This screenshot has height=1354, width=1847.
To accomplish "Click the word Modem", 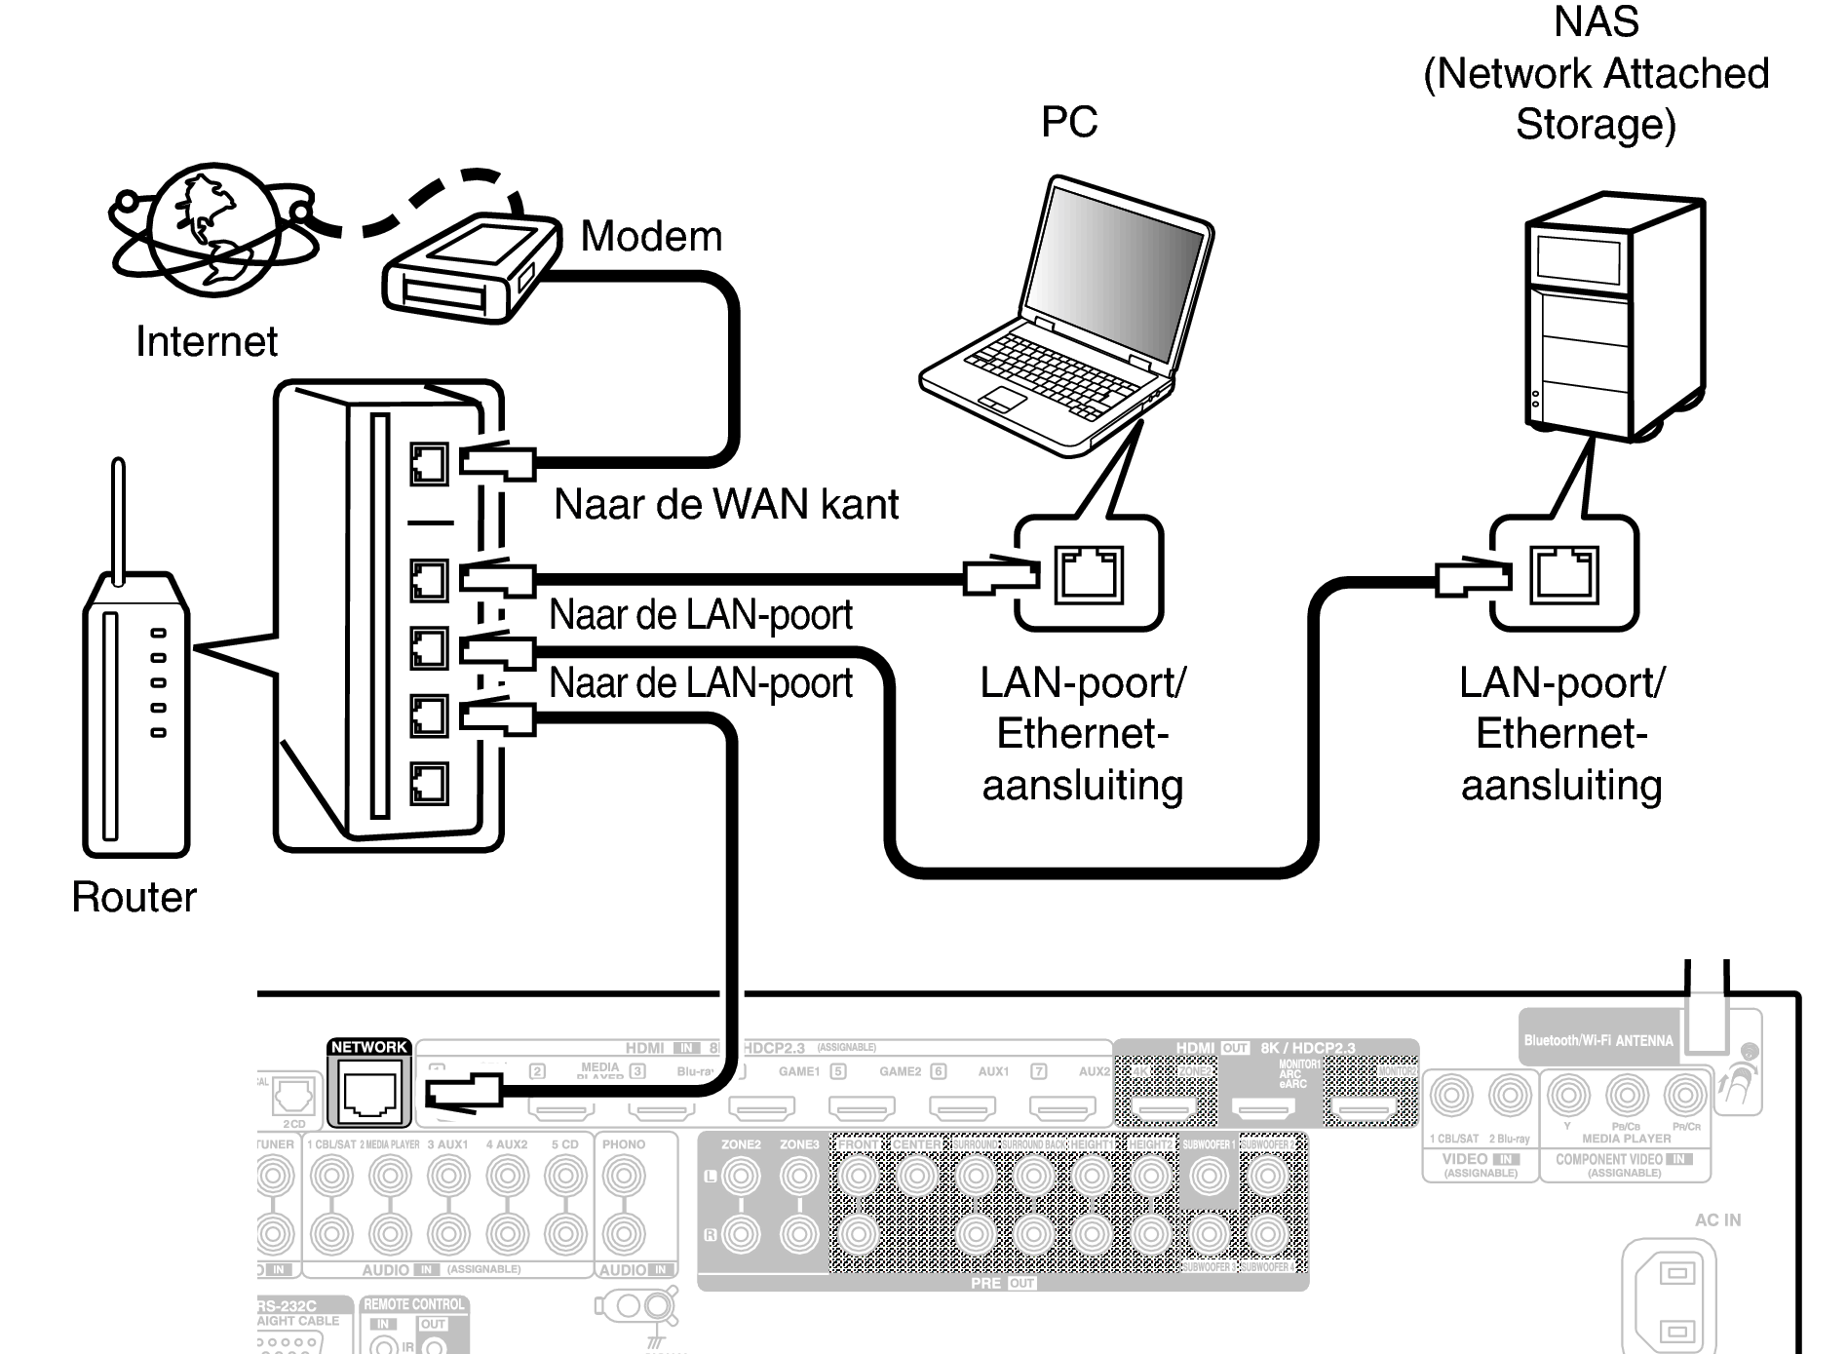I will point(651,237).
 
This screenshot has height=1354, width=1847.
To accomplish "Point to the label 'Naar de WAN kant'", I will point(725,505).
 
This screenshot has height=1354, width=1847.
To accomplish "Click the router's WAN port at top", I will point(429,464).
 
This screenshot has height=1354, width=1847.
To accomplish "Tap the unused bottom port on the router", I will point(429,783).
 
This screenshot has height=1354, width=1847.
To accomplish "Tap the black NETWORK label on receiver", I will point(368,1047).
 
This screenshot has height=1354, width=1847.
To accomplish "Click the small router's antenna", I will point(118,522).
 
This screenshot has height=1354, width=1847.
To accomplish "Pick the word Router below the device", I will point(134,897).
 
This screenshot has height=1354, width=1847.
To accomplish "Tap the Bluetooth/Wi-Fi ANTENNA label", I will point(1597,1040).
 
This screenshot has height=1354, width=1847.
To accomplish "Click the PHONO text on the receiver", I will point(624,1144).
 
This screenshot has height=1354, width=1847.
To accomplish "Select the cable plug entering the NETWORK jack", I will point(464,1090).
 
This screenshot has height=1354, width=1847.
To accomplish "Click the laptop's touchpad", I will point(1002,399).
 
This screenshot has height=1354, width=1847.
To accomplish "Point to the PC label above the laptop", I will point(1068,123).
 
